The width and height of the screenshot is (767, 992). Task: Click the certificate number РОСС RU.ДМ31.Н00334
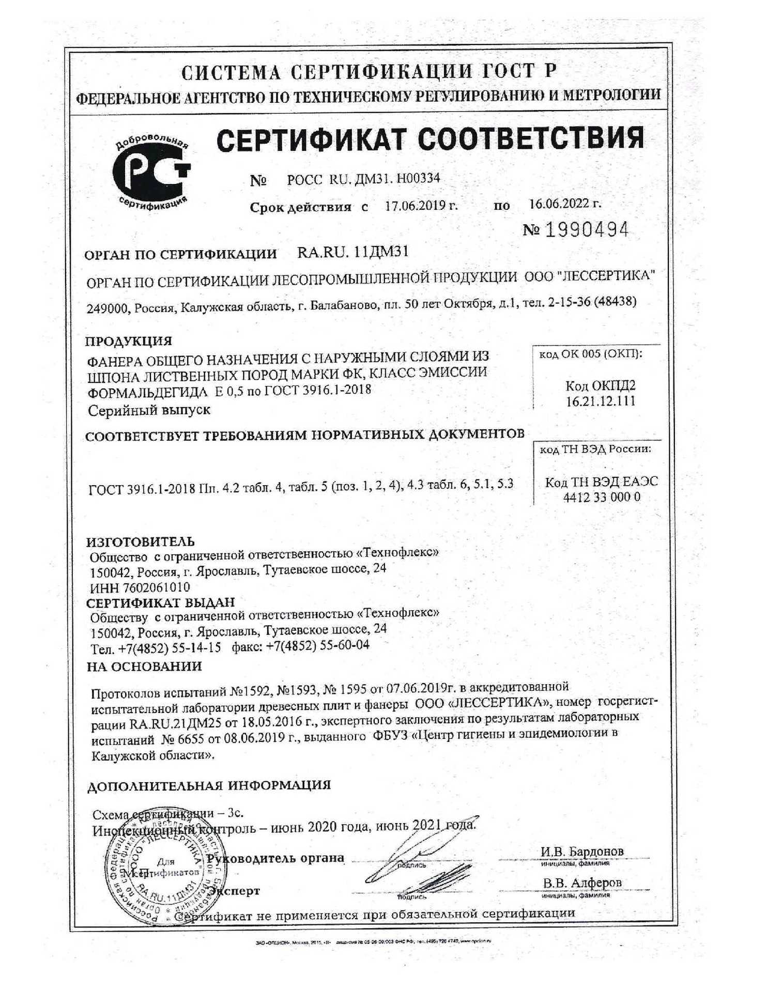(x=363, y=179)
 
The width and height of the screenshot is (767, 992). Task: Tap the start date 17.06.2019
(x=421, y=206)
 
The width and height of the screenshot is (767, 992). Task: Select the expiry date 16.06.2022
(x=564, y=203)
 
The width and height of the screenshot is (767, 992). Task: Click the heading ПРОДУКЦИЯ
(x=128, y=341)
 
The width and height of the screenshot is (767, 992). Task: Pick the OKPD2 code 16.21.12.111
(x=600, y=401)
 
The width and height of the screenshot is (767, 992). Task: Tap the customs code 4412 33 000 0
(x=602, y=497)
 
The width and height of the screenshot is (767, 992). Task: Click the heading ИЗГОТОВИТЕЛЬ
(x=140, y=541)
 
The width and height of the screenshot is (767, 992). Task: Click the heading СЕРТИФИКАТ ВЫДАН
(x=160, y=602)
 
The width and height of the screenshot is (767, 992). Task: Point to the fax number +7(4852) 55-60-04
(x=317, y=645)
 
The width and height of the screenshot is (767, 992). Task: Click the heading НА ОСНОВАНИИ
(x=144, y=667)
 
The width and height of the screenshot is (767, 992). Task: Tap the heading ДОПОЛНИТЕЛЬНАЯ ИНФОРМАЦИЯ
(x=209, y=786)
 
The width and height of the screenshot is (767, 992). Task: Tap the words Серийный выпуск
(x=149, y=410)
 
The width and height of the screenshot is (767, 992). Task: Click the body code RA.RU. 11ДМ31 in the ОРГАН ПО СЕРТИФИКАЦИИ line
(x=353, y=252)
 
